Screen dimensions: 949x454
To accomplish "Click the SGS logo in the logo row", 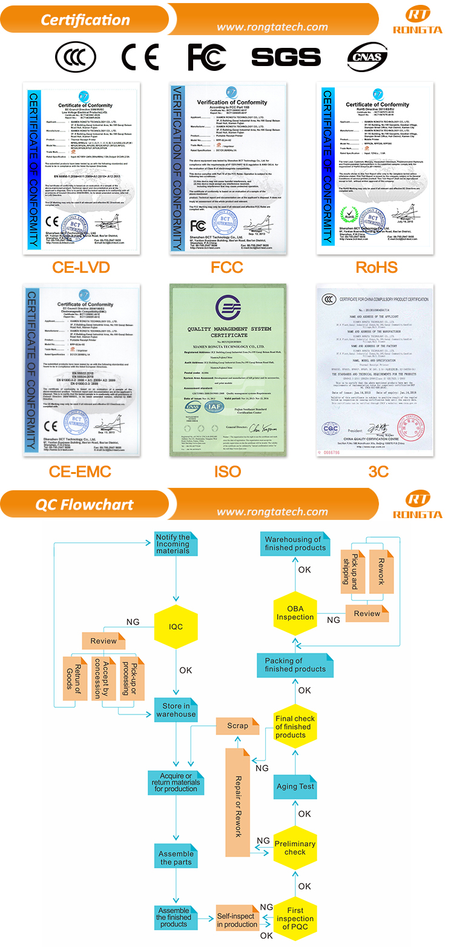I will coord(286,57).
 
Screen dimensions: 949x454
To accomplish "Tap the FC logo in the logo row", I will coord(207,57).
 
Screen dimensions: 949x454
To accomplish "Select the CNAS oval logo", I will coord(367,58).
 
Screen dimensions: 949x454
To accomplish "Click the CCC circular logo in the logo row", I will coord(75,58).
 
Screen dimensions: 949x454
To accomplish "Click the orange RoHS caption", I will coord(376,267).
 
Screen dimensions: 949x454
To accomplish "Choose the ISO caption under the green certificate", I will coord(227,471).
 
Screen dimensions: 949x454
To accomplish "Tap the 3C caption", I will coord(378,471).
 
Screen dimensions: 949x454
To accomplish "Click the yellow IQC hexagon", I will coord(176,627).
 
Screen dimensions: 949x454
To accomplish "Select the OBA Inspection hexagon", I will coord(295,613).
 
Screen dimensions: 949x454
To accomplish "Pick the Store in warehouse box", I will coord(176,710).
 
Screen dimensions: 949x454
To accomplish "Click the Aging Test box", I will coord(295,787).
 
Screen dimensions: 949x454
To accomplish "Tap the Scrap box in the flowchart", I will coord(237,725).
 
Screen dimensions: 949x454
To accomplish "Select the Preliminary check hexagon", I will coord(295,848).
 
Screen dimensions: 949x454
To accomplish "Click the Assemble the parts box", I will coord(176,857).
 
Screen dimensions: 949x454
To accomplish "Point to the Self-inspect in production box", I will coord(237,921).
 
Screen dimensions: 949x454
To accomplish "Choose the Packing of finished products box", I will coord(295,665).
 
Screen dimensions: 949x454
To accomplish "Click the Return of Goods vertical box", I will coord(76,679).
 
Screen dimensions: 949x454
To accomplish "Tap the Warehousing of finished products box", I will coord(295,544).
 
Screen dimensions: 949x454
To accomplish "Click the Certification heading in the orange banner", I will coord(85,20).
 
